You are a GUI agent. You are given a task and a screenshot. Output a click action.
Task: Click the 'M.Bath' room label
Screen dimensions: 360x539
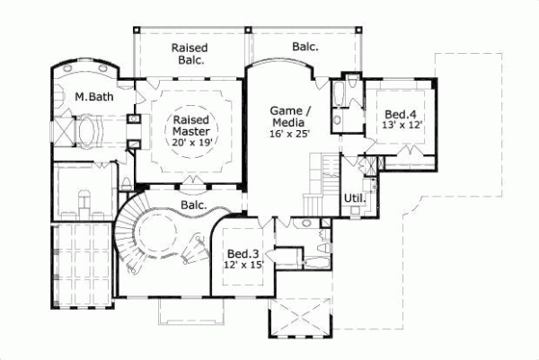(92, 96)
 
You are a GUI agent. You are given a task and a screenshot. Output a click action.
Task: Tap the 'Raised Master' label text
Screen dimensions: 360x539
(190, 124)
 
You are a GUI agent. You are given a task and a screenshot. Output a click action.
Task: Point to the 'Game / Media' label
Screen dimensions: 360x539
(288, 117)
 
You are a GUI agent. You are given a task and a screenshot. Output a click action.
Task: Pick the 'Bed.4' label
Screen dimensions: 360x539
(400, 115)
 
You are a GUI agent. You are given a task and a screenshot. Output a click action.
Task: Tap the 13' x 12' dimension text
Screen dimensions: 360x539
(400, 127)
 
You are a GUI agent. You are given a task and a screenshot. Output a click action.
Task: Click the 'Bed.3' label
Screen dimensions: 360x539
(242, 254)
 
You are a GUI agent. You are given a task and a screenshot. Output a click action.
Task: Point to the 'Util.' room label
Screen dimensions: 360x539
(353, 197)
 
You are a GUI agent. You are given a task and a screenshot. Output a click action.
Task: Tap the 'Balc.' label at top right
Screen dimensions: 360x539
(305, 47)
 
